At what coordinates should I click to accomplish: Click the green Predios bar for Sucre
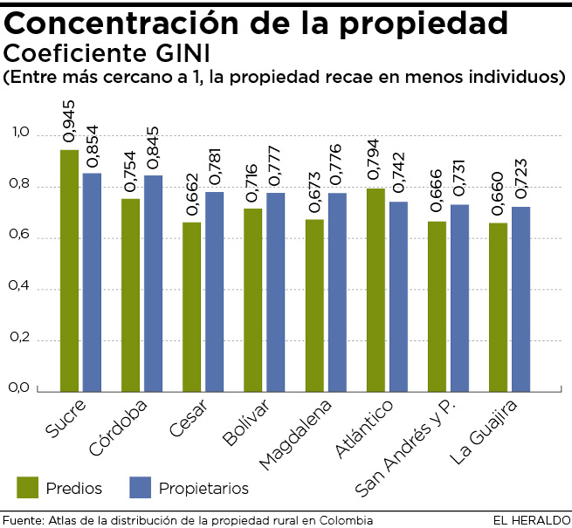click(x=69, y=270)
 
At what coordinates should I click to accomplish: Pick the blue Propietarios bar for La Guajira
click(x=521, y=298)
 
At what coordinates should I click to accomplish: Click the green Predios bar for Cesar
click(x=192, y=306)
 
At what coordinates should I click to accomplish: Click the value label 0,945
click(x=70, y=125)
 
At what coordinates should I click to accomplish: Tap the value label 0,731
click(x=460, y=180)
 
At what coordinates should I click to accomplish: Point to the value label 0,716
click(x=253, y=183)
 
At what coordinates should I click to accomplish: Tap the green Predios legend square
click(x=29, y=487)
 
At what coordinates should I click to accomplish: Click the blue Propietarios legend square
click(x=141, y=487)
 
